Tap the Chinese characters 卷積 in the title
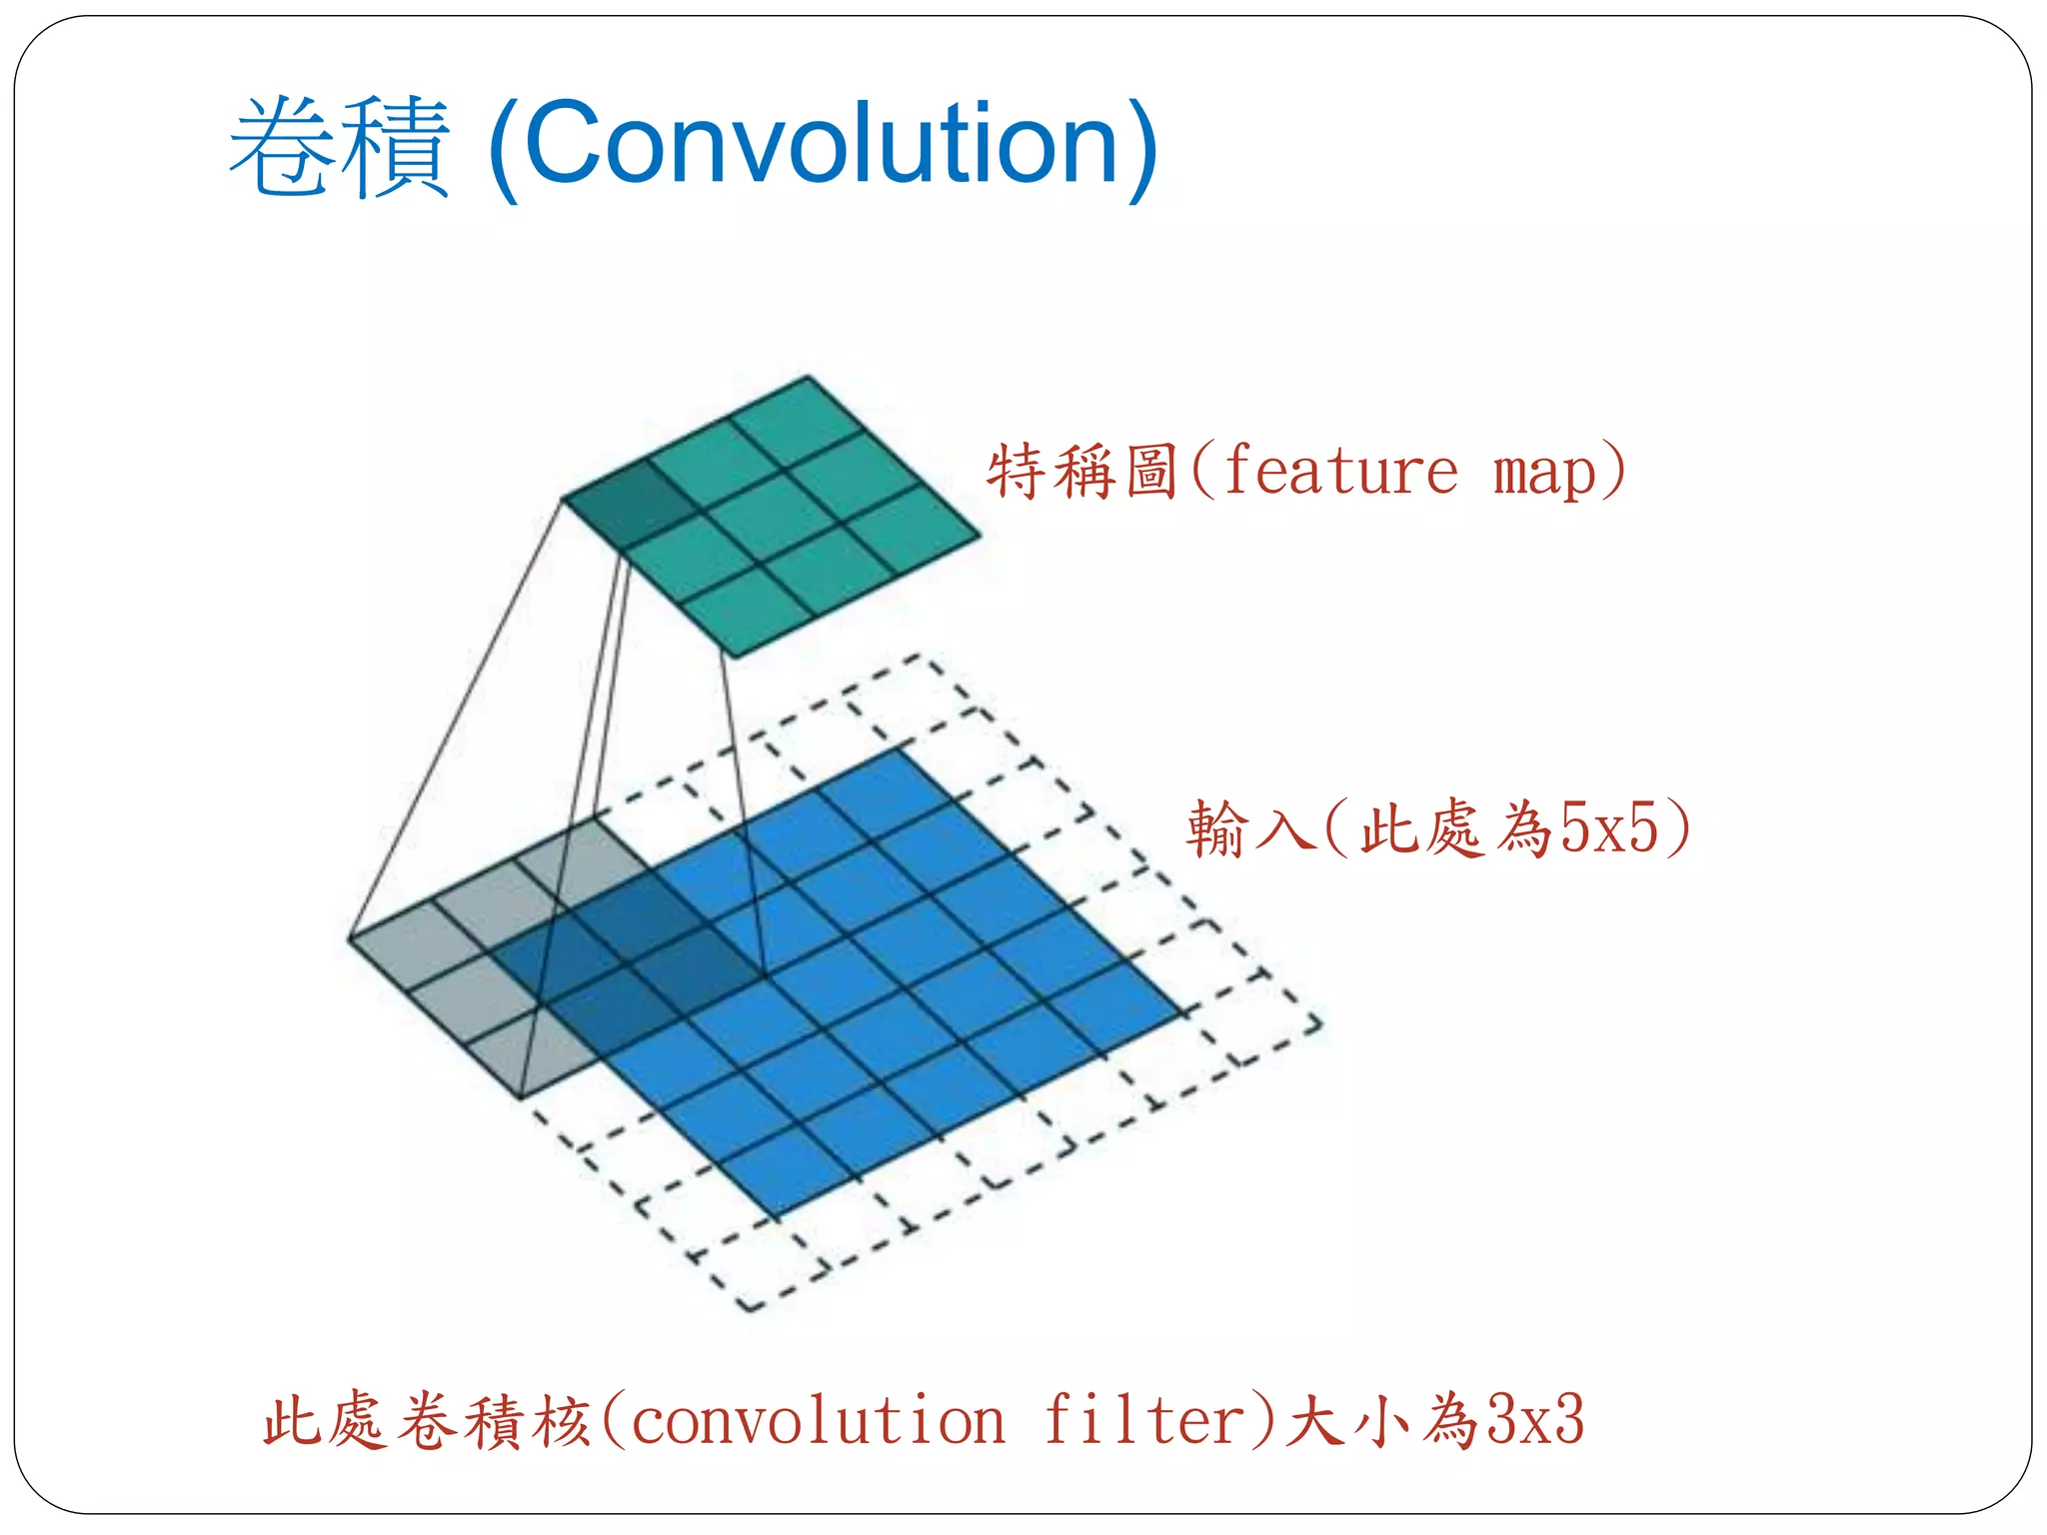point(340,148)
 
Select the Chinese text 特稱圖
point(1085,472)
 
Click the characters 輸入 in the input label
point(1249,828)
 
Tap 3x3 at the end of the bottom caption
point(1535,1420)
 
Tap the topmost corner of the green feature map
point(808,378)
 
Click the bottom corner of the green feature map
point(735,657)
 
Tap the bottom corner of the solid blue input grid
point(777,1217)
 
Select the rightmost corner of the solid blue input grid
point(1182,1012)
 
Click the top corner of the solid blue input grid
point(899,750)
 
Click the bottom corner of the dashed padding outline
point(750,1308)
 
